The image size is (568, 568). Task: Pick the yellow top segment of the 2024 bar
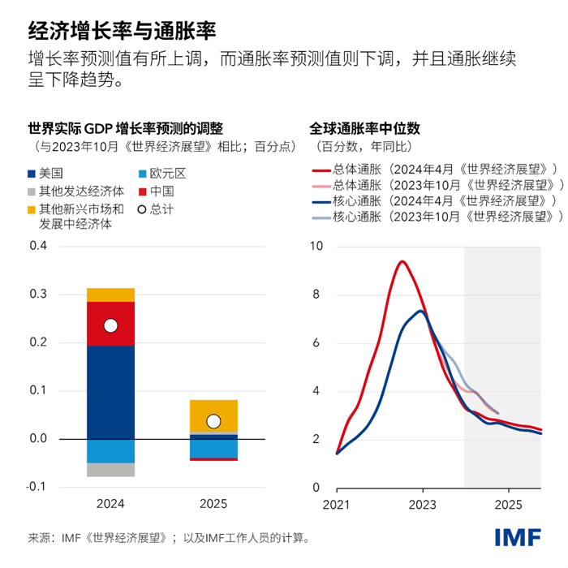110,295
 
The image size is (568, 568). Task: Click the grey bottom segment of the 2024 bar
110,470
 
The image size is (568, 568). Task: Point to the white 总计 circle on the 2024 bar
111,326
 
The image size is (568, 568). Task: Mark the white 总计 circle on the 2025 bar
213,421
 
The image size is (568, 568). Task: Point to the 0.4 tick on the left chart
38,247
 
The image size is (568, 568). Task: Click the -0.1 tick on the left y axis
37,487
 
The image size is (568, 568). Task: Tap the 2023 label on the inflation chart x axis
422,505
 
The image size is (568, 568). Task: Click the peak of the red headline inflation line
401,261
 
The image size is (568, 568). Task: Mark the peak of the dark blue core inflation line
420,311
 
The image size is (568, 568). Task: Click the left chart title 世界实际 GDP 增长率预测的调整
125,128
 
